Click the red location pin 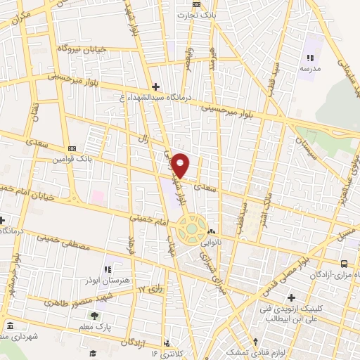tap(181, 165)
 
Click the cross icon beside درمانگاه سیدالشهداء tap(155, 86)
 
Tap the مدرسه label tap(310, 69)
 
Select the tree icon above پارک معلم tap(94, 316)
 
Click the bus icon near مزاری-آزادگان tap(344, 264)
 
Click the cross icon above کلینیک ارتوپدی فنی tap(291, 297)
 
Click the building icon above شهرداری tap(10, 326)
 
